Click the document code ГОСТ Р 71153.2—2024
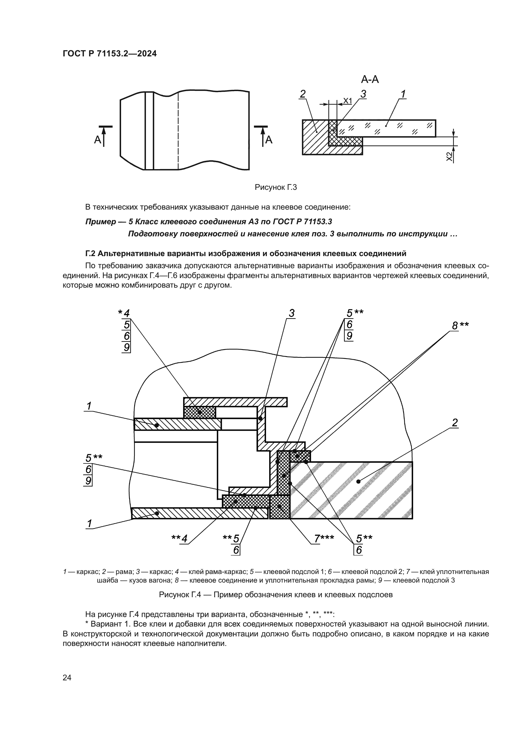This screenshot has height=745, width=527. coord(109,54)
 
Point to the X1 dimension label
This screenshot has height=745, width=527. coord(348,101)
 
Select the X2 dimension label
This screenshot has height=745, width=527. coord(449,156)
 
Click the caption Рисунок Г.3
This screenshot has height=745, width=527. coord(276,187)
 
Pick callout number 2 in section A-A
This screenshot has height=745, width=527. coord(302,94)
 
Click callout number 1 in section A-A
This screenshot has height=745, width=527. coord(403,94)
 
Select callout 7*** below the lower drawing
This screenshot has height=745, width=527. coord(323,539)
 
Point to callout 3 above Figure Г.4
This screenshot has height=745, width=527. coord(292,313)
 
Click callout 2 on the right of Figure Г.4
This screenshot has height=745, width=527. coord(455,422)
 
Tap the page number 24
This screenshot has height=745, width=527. coord(67,677)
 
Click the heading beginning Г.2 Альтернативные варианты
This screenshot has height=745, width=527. coord(246,253)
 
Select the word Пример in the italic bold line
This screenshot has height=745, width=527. coord(100,222)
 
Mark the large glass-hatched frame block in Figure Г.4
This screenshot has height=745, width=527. coord(357,490)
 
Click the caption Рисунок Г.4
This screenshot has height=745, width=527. coord(276,595)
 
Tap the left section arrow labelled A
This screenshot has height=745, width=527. coord(103,136)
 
